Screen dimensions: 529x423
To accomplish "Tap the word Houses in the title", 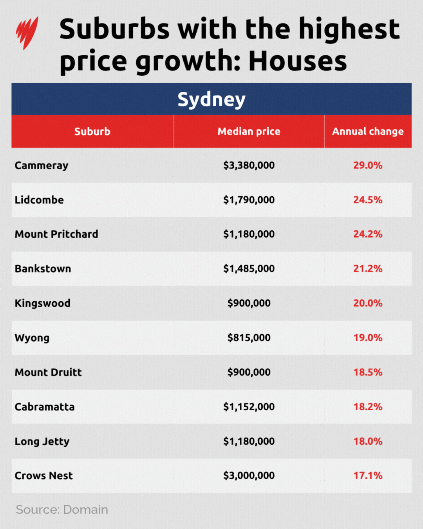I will click(297, 62).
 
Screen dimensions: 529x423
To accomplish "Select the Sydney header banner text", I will click(211, 99).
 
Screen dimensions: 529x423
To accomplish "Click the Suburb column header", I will click(92, 132).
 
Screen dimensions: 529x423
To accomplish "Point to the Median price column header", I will click(249, 132).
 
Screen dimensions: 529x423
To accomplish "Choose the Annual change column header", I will click(368, 132).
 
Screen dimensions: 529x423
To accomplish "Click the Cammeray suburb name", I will click(42, 166).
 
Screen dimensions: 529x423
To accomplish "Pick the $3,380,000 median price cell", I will click(249, 165).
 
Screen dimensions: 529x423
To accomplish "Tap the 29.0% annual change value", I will click(368, 165).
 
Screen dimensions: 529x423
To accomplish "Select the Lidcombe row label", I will click(39, 200).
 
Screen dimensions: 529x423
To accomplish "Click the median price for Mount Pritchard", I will click(249, 234).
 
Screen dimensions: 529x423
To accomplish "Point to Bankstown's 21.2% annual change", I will click(368, 269).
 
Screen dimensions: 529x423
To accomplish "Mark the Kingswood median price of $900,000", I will click(249, 303).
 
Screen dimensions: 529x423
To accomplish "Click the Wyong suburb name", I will click(32, 338).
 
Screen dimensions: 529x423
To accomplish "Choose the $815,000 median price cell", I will click(249, 338).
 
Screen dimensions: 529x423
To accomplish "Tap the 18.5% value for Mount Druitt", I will click(368, 372).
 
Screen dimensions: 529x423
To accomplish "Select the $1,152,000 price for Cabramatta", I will click(249, 407).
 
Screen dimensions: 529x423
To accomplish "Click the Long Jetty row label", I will click(42, 442).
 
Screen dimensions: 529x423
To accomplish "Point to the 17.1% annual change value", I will click(368, 476).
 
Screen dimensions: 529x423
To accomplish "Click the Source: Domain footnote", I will click(62, 510).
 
